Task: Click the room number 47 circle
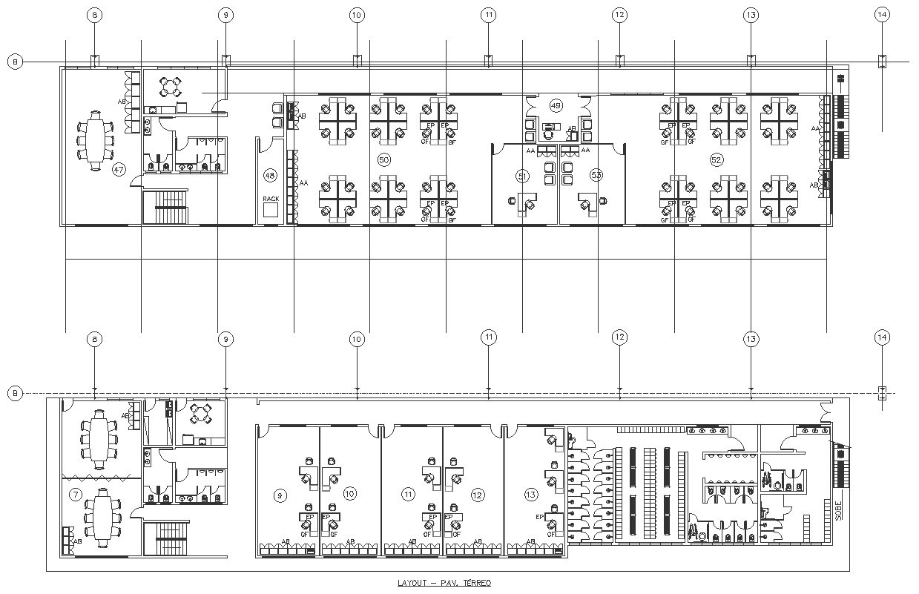tap(118, 170)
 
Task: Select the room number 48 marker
tap(270, 176)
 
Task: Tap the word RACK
tap(271, 199)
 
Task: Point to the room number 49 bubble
tap(556, 105)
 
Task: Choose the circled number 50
tap(383, 159)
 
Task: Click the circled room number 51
tap(523, 175)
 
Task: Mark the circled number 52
tap(717, 159)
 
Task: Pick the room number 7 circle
tap(75, 494)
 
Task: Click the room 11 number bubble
tap(408, 494)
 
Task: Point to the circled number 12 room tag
tap(478, 494)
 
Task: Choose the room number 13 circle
tap(530, 494)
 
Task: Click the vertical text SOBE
tap(838, 511)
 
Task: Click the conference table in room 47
tap(96, 139)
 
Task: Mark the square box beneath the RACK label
tap(271, 211)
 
